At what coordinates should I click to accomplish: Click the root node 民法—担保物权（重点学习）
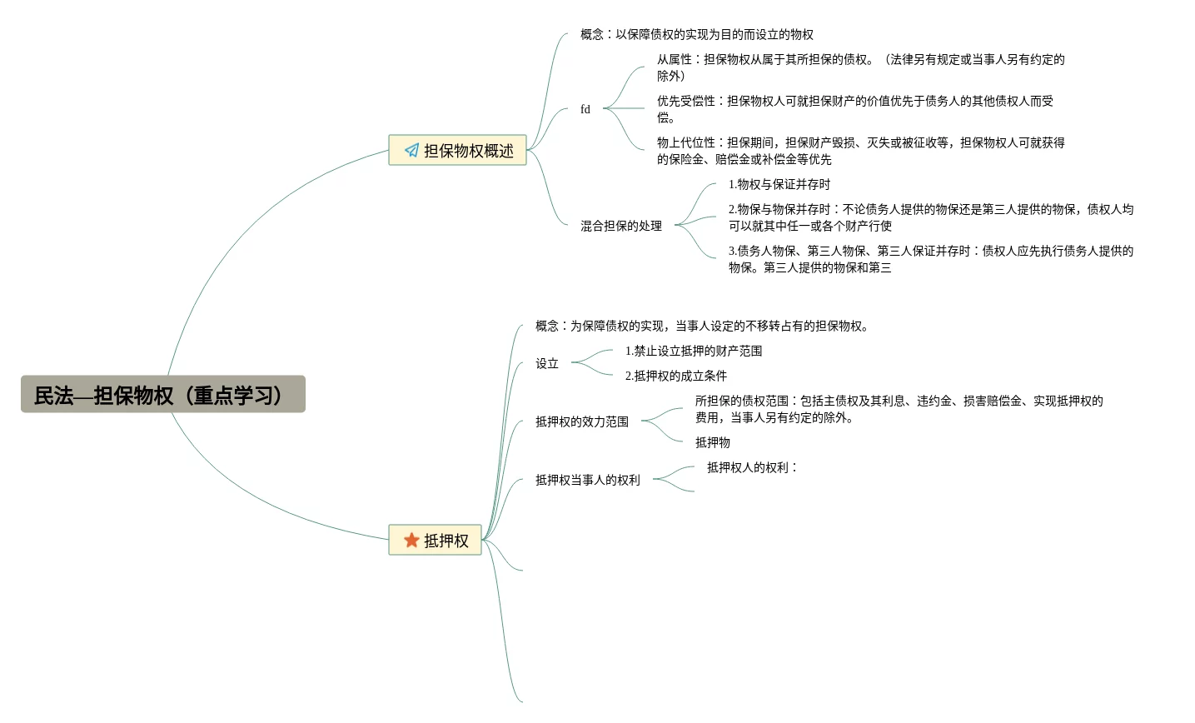pos(162,395)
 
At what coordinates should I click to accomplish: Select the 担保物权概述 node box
pos(457,150)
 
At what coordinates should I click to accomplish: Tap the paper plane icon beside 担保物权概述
pos(411,150)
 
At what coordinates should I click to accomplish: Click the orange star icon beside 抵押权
pos(411,540)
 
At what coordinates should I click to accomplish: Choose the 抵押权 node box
pos(436,540)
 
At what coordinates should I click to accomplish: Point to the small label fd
pos(585,109)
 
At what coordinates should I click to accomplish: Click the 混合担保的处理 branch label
pos(621,226)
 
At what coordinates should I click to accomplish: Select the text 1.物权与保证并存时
pos(779,184)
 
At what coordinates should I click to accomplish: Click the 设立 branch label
pos(547,363)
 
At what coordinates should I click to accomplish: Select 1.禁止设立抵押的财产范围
pos(694,351)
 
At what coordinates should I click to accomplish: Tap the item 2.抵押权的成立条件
pos(676,376)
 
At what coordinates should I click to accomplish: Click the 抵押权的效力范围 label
pos(582,421)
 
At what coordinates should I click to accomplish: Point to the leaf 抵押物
pos(713,442)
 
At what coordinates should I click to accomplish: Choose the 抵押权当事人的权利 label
pos(588,480)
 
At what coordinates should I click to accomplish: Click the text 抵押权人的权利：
pos(751,467)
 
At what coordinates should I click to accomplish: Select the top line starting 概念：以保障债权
pos(697,34)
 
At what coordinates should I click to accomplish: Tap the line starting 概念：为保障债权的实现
pos(702,326)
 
